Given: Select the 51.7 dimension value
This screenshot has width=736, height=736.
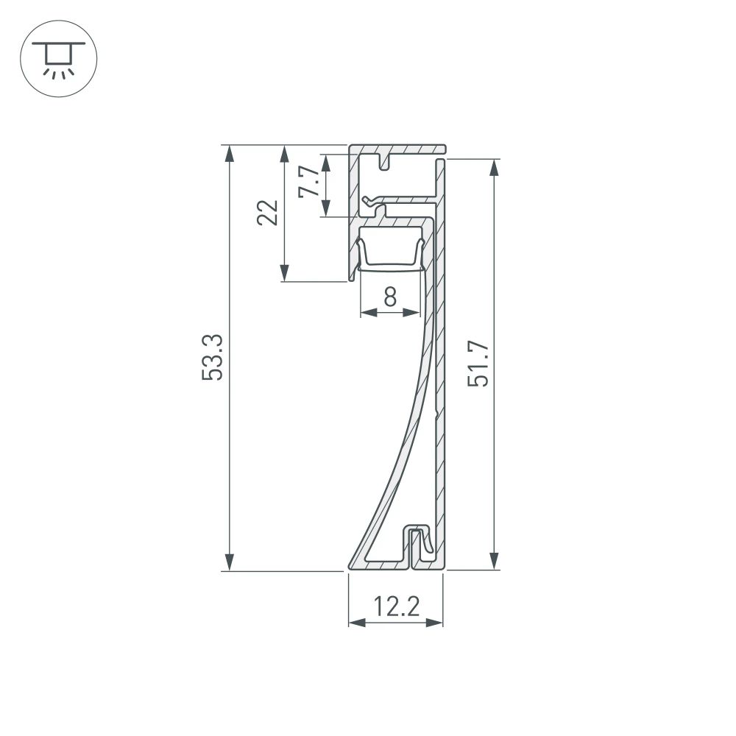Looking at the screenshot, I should (x=479, y=364).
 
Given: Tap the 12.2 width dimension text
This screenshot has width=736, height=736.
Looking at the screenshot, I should (x=396, y=607).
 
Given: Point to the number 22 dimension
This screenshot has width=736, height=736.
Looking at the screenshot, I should (x=268, y=213).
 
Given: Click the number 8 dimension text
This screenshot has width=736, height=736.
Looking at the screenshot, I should (x=390, y=297).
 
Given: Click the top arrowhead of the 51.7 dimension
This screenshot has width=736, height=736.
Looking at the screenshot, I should (x=494, y=167).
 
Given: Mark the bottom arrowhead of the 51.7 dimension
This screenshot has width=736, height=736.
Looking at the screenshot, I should (x=494, y=562).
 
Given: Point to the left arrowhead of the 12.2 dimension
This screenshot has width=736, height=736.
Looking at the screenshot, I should (x=356, y=623).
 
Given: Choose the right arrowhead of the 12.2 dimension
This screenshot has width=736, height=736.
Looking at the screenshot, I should (x=435, y=623).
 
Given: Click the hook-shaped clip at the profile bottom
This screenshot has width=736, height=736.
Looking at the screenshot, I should (x=420, y=541).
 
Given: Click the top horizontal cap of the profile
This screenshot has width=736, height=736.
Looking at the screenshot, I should (x=397, y=149).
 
